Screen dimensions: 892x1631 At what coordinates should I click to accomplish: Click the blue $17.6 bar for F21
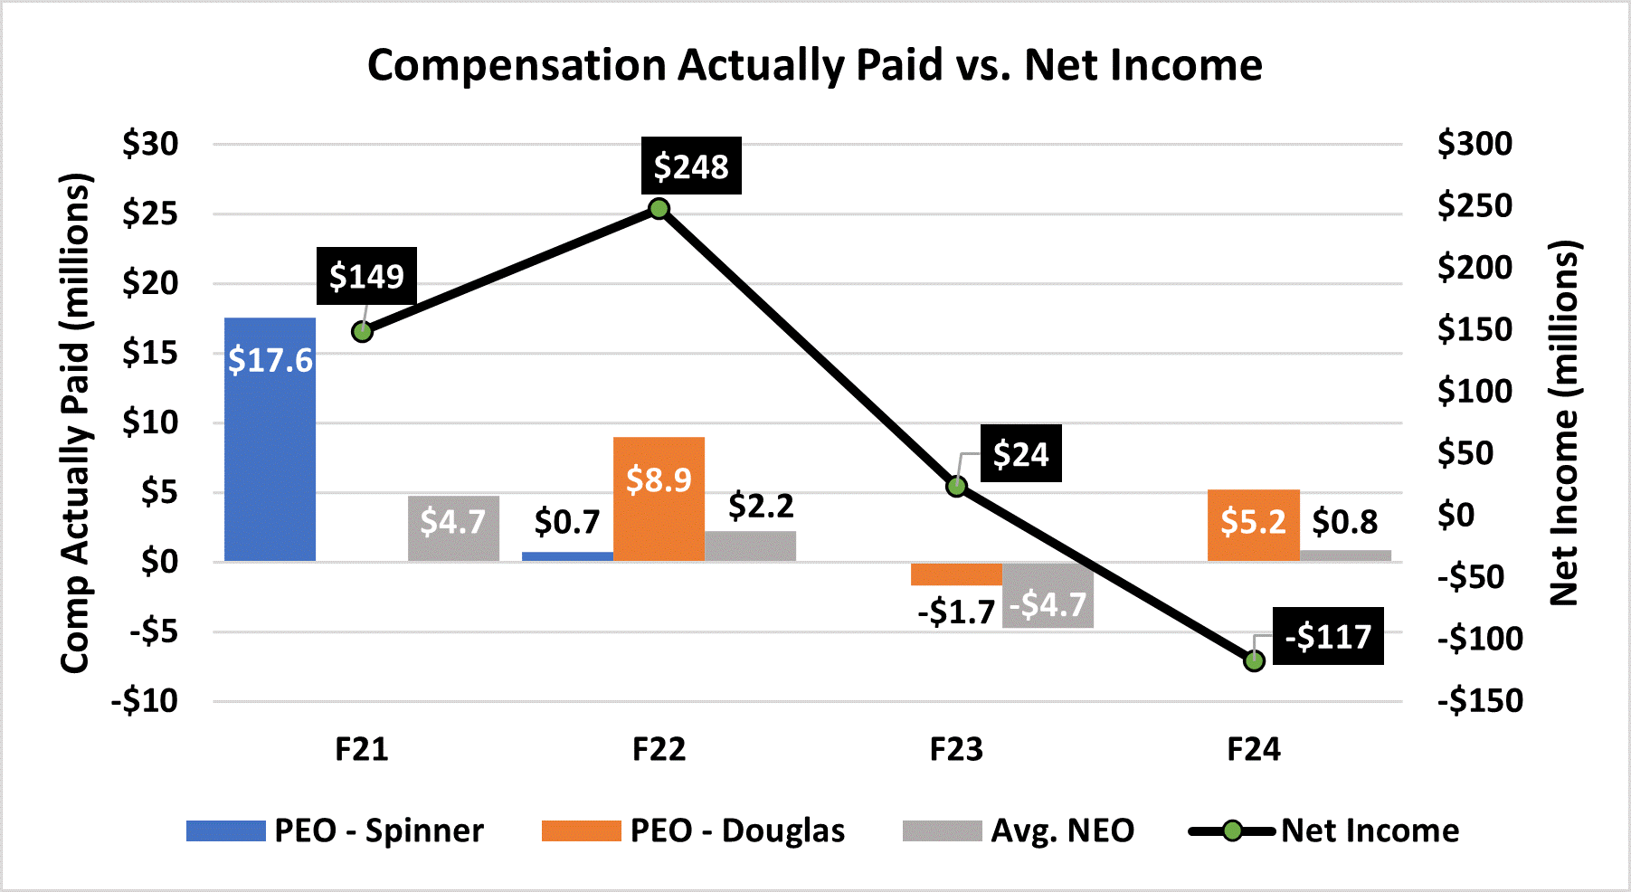coord(270,439)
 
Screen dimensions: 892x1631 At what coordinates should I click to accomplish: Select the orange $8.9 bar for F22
coord(659,498)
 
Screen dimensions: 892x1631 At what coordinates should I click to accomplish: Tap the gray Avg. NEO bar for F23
coord(1048,594)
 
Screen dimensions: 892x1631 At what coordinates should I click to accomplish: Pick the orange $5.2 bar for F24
coord(1253,525)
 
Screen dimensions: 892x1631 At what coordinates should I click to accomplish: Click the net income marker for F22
coord(659,209)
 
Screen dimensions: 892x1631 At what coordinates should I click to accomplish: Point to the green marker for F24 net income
coord(1254,661)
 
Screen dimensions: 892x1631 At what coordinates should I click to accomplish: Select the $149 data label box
coord(366,276)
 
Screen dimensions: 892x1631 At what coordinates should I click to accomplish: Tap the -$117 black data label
coord(1328,636)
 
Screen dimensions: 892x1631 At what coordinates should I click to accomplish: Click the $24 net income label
coord(1020,453)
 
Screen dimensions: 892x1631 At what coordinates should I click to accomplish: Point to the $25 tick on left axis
coord(150,214)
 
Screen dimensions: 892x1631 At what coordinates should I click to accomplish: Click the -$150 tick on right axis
coord(1480,700)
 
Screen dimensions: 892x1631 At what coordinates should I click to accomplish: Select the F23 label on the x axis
coord(956,749)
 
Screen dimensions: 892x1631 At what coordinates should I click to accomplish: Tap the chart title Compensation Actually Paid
coord(814,65)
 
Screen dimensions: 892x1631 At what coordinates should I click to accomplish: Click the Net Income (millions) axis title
coord(1565,422)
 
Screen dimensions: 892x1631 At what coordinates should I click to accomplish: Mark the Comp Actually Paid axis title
coord(76,422)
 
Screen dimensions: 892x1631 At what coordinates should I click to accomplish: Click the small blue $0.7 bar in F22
coord(567,555)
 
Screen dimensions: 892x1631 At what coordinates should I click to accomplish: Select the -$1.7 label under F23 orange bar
coord(956,612)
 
